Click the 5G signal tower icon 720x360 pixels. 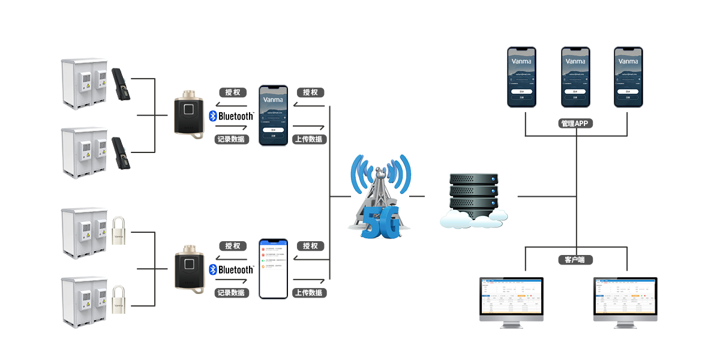click(x=380, y=197)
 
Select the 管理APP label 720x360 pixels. click(x=575, y=124)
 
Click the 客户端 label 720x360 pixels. click(x=575, y=260)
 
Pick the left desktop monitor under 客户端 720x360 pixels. click(x=511, y=302)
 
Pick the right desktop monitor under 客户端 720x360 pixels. click(x=625, y=302)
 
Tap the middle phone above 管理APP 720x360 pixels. click(x=575, y=77)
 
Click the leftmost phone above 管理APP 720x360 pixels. click(x=521, y=77)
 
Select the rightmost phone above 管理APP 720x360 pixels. click(x=628, y=77)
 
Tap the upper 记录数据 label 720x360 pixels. click(x=232, y=139)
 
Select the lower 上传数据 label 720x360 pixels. click(x=309, y=293)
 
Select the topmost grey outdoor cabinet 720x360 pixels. click(x=84, y=84)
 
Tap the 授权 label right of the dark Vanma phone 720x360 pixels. click(x=310, y=92)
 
